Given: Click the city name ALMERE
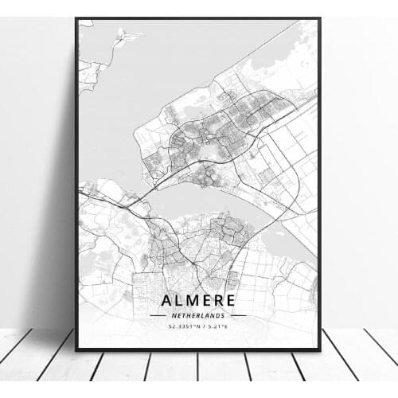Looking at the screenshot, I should [198, 300].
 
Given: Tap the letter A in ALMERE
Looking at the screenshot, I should [168, 300].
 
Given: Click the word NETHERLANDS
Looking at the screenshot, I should [198, 315].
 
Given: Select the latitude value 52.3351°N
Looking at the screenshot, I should [185, 326].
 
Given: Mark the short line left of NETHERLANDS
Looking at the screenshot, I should [158, 315].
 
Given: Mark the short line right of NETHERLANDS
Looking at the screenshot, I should [239, 315].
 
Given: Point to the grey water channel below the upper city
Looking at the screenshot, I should [191, 203].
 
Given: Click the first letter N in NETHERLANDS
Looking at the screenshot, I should [170, 315].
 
